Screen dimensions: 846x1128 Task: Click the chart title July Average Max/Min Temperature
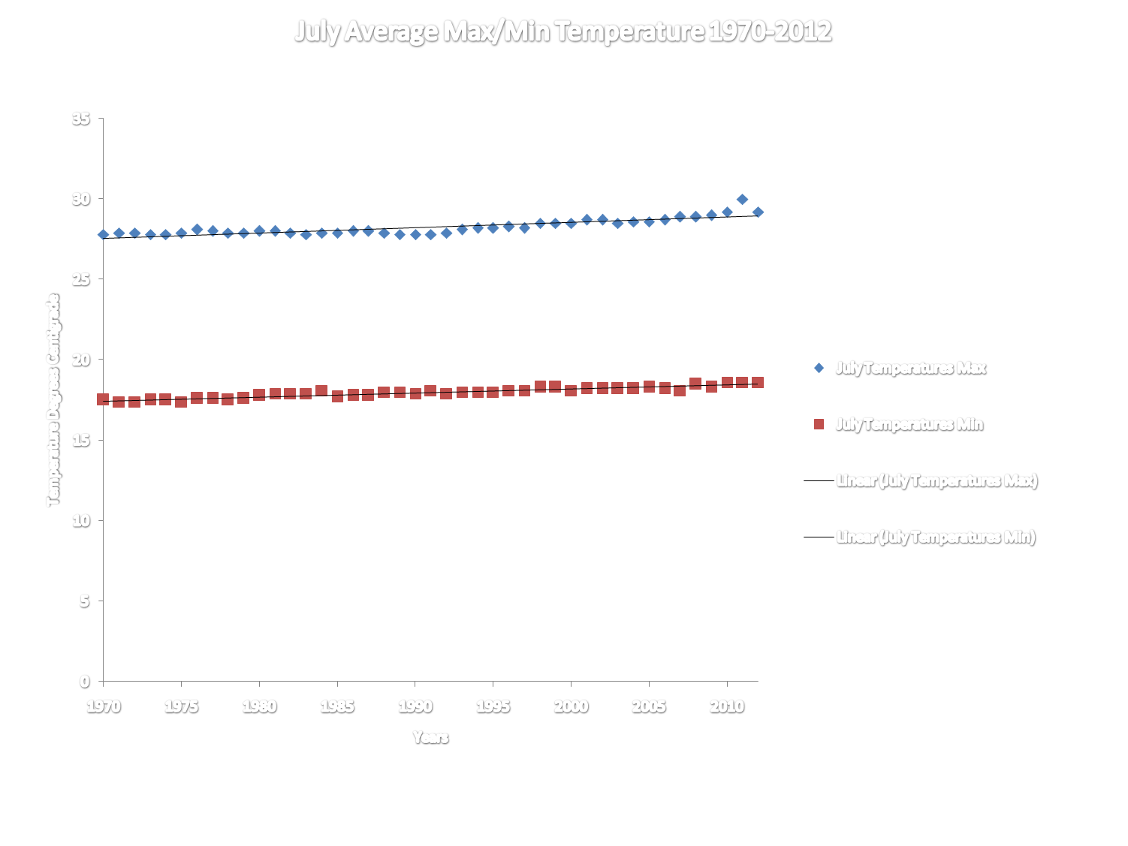tap(563, 32)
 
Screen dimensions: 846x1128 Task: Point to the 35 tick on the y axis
tap(81, 119)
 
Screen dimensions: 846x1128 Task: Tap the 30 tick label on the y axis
tap(81, 199)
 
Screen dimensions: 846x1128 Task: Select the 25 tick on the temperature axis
tap(81, 279)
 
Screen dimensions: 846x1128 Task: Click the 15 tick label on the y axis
tap(81, 440)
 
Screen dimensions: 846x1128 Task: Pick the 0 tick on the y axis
tap(85, 682)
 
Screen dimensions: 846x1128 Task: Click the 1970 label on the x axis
tap(103, 706)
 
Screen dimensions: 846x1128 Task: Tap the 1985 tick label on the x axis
tap(337, 706)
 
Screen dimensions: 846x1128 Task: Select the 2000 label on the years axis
tap(571, 706)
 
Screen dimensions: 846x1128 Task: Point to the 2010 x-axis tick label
tap(727, 706)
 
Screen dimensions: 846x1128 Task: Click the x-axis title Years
tap(430, 738)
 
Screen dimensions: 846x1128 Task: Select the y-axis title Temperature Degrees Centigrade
tap(53, 400)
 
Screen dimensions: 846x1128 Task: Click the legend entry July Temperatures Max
tap(910, 368)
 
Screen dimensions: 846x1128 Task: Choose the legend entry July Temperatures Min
tap(909, 425)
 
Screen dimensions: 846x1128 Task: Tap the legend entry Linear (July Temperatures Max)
tap(936, 480)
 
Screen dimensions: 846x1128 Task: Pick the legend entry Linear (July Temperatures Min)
tap(936, 537)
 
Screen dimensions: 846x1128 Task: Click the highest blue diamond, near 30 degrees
tap(742, 199)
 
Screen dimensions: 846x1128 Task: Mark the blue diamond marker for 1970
tap(104, 235)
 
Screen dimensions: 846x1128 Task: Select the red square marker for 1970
tap(104, 399)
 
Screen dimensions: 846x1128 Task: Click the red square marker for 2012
tap(758, 383)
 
